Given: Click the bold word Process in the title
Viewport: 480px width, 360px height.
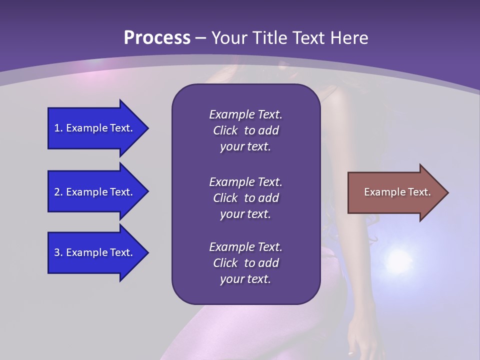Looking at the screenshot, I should click(x=157, y=38).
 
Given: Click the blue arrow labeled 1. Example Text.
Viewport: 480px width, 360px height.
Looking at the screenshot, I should click(x=95, y=128).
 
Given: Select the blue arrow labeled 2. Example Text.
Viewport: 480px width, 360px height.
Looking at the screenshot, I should click(x=95, y=192).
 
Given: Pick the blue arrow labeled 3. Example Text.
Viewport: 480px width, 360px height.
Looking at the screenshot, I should click(x=95, y=252).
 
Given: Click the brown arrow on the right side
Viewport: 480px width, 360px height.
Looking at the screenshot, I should click(x=395, y=192).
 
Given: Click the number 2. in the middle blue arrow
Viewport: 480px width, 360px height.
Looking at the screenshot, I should click(x=58, y=192).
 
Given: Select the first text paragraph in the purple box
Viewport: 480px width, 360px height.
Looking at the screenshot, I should click(x=245, y=130).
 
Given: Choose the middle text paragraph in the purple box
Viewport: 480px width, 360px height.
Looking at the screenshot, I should click(x=245, y=198).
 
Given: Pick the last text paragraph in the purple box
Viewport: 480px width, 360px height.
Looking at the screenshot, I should click(x=245, y=263).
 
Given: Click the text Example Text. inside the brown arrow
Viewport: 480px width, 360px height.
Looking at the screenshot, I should click(x=397, y=192).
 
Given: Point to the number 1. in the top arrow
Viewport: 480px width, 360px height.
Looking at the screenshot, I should click(x=58, y=128).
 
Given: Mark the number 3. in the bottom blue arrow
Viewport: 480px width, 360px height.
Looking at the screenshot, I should click(x=58, y=252).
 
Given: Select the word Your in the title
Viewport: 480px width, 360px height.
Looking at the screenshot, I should click(x=228, y=38).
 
